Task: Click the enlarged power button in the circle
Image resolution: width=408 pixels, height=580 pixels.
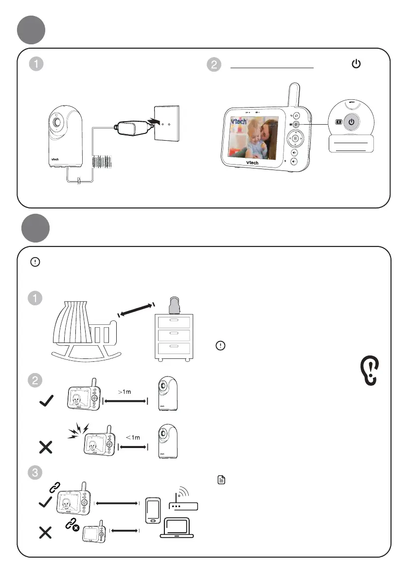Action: tap(354, 122)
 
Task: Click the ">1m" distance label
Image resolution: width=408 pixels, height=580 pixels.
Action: tap(125, 392)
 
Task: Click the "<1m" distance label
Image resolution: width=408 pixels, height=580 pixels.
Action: tap(132, 437)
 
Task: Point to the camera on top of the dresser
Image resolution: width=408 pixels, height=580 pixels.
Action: tap(175, 306)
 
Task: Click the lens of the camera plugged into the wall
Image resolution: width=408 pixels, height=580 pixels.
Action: tap(58, 121)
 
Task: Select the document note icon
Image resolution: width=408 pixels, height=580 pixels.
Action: tap(221, 481)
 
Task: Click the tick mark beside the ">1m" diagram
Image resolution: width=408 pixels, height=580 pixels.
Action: tap(46, 402)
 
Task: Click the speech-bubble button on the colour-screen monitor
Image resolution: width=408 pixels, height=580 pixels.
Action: tap(297, 116)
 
